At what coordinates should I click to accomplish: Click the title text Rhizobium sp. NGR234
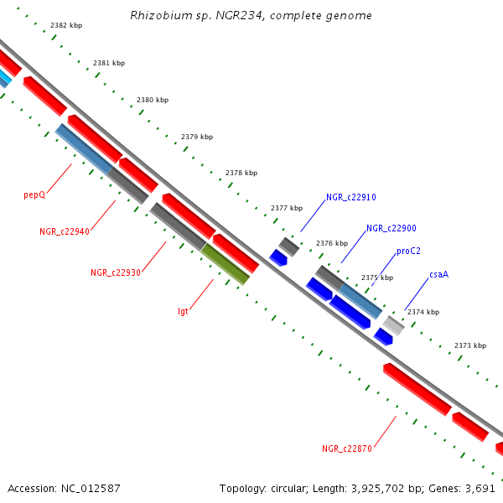[251, 16]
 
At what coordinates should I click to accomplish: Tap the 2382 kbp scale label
[66, 26]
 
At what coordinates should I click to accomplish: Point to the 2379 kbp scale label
[197, 137]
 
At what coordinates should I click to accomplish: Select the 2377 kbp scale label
[287, 208]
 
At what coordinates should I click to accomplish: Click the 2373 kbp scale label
[470, 345]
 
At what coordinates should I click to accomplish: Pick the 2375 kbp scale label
[376, 277]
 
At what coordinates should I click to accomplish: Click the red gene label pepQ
[34, 194]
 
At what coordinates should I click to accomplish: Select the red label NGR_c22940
[65, 231]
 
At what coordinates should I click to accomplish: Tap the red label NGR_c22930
[116, 272]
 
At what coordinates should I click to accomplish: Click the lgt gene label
[183, 311]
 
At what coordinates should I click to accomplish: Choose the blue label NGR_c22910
[351, 198]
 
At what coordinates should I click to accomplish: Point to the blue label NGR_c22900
[392, 228]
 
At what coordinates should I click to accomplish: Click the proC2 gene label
[409, 251]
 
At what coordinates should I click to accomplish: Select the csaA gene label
[438, 274]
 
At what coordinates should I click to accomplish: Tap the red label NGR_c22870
[347, 449]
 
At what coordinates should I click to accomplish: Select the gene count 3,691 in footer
[480, 488]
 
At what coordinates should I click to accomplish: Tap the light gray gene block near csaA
[393, 325]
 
